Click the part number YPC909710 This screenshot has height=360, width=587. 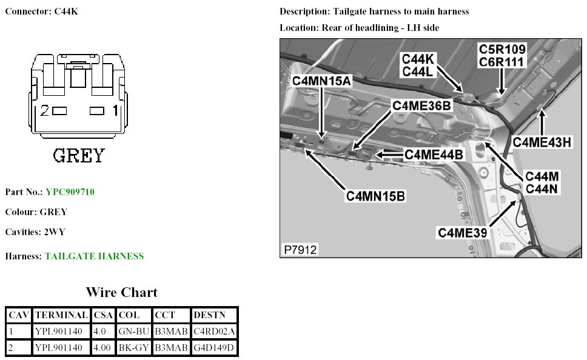click(x=70, y=192)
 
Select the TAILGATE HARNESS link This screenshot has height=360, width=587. click(x=94, y=256)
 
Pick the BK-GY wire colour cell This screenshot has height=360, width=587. click(x=132, y=348)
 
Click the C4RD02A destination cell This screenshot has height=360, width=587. click(x=213, y=332)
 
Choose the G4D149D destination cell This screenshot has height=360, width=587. click(x=213, y=348)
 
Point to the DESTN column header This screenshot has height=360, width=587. click(x=208, y=315)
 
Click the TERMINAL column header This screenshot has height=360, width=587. click(x=61, y=315)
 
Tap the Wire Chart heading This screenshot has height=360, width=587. click(x=121, y=293)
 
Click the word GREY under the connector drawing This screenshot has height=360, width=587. click(x=79, y=156)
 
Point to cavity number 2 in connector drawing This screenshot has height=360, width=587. click(x=44, y=111)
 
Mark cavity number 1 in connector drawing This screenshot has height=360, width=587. click(x=115, y=111)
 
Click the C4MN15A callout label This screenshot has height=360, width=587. click(x=321, y=81)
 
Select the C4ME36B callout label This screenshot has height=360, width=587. click(x=422, y=105)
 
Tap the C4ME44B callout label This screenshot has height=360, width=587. click(x=434, y=155)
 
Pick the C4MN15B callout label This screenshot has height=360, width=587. click(x=376, y=196)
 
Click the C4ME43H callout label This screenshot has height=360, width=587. click(x=542, y=142)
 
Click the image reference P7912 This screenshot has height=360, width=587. click(x=300, y=250)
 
